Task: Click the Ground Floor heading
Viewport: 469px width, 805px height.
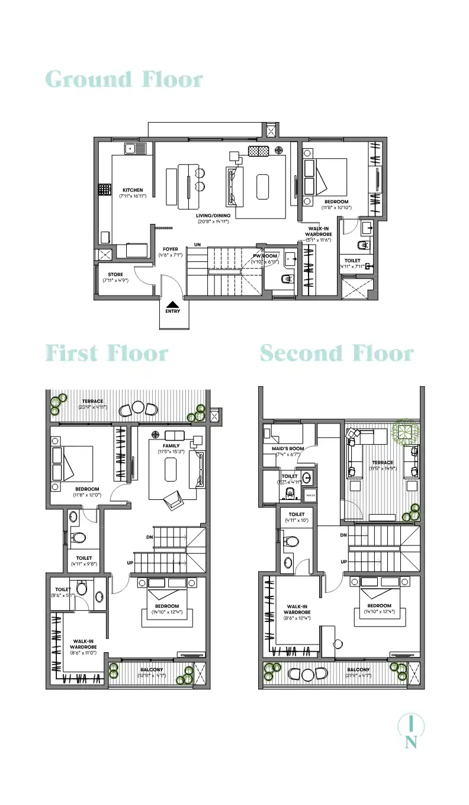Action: [124, 79]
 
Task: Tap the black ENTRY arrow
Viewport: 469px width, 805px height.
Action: [173, 304]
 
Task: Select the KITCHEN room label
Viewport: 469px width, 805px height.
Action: [133, 190]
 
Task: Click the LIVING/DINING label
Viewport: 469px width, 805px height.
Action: [213, 216]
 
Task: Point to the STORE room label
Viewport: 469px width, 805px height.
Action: [115, 274]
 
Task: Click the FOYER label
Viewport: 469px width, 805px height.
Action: [171, 249]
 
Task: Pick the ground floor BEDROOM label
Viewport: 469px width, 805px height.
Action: [336, 202]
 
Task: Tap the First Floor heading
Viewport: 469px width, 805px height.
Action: [107, 354]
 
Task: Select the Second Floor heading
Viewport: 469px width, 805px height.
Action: [336, 354]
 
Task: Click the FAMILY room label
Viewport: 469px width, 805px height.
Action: [171, 446]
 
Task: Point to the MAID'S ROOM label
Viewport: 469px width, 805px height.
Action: [289, 448]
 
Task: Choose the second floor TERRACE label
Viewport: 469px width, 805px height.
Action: [383, 463]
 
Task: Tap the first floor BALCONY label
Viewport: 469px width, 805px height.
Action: [152, 669]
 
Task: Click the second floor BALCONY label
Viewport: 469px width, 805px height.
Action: [358, 669]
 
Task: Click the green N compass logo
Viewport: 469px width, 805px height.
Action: [410, 732]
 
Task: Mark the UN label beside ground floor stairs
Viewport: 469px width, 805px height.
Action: [197, 244]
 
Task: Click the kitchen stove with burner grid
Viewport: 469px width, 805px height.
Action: [105, 190]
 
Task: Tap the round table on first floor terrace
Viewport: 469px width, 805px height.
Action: [137, 408]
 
